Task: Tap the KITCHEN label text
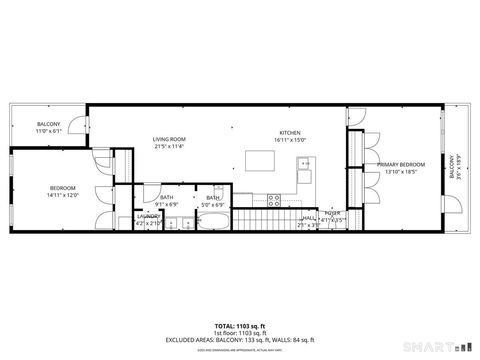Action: [x=290, y=134]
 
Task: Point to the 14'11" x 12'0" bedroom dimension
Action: [x=62, y=194]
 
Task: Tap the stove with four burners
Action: [x=273, y=199]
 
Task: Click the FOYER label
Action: [x=332, y=212]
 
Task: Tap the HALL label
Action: [x=310, y=217]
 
